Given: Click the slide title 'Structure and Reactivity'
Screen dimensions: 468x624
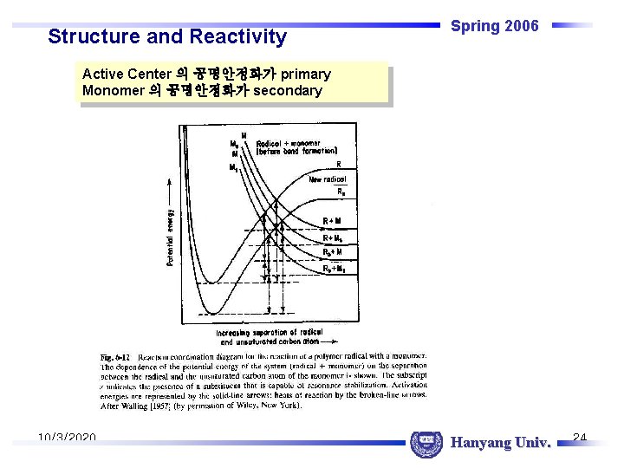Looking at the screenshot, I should pyautogui.click(x=167, y=36).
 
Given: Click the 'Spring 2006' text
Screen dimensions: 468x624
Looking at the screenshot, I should pyautogui.click(x=495, y=26).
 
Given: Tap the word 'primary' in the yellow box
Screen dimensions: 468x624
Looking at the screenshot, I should pyautogui.click(x=305, y=74).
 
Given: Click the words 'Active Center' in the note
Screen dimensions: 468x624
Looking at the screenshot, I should pyautogui.click(x=125, y=74).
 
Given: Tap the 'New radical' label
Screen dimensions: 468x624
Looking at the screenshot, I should pyautogui.click(x=328, y=179).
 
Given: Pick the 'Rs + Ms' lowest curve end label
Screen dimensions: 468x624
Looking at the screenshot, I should pyautogui.click(x=335, y=269).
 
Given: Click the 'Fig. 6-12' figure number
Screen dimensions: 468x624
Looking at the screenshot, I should pyautogui.click(x=114, y=357).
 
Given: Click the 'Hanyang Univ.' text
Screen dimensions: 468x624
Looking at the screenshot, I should pyautogui.click(x=501, y=444).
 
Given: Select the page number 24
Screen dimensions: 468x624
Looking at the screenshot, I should pyautogui.click(x=581, y=438).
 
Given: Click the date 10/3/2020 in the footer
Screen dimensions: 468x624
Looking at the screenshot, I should pyautogui.click(x=67, y=439).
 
